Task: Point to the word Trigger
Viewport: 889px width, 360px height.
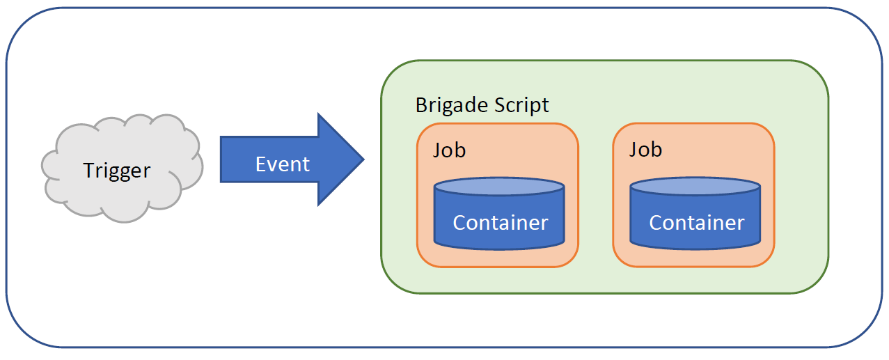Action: click(x=116, y=171)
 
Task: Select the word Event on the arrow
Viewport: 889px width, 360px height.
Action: click(x=282, y=164)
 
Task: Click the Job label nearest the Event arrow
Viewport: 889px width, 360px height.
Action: click(x=450, y=150)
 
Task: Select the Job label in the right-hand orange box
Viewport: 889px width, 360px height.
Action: click(x=645, y=150)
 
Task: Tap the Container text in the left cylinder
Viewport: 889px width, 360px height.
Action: click(x=500, y=223)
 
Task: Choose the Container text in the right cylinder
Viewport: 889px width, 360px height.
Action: click(x=696, y=223)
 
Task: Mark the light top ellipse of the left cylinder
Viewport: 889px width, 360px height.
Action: click(x=498, y=187)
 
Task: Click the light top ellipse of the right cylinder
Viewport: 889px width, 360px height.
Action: click(x=695, y=187)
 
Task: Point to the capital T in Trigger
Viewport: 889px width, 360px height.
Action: click(x=88, y=170)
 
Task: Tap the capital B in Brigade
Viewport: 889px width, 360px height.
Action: click(x=421, y=105)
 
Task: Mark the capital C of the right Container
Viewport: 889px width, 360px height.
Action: click(x=656, y=223)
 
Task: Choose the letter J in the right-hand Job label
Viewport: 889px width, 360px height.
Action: click(x=633, y=150)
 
